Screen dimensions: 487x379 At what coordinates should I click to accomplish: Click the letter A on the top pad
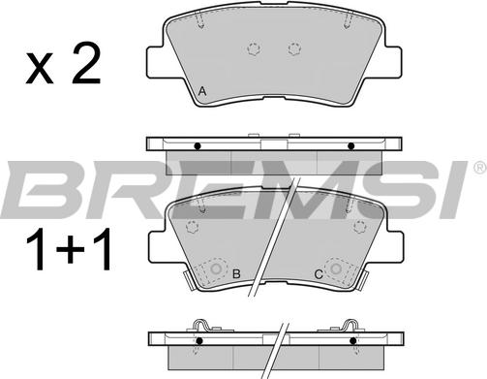coord(202,91)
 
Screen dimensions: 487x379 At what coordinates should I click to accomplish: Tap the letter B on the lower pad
coord(236,274)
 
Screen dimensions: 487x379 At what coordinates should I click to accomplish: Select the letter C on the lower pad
coord(319,274)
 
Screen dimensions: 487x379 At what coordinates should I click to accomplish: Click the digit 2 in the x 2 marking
coord(86,64)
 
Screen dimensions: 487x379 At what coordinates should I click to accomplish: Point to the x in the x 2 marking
coord(40,69)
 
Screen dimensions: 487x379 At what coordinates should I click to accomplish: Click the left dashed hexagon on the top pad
coord(254,48)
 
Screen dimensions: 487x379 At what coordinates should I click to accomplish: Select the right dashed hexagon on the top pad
coord(294,48)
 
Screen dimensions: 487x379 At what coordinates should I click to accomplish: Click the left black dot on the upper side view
coord(198,146)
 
